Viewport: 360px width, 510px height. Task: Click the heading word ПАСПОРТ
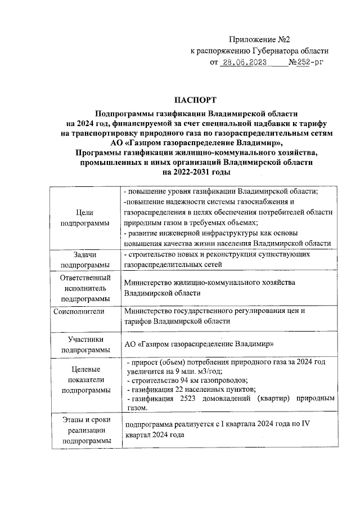click(x=195, y=101)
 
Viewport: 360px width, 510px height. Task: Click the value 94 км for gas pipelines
click(x=183, y=381)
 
